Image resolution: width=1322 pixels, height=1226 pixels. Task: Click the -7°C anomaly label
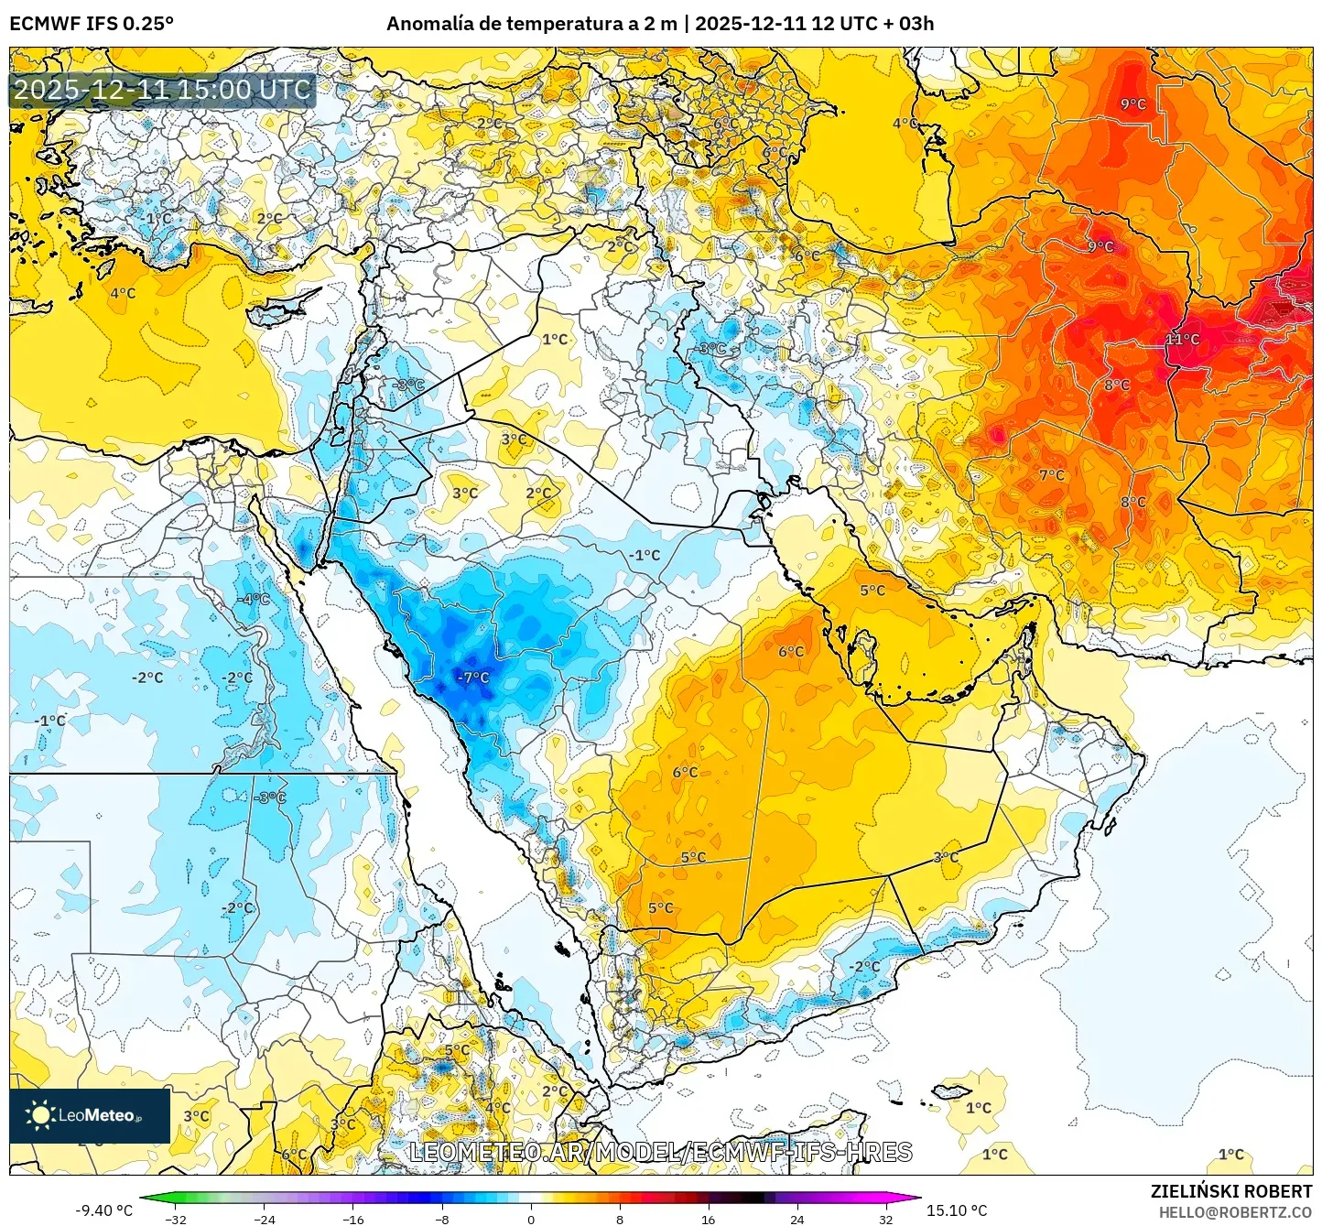[473, 678]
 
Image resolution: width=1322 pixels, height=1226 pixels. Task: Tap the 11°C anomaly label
[1182, 339]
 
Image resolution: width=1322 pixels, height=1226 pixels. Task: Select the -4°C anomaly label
[254, 599]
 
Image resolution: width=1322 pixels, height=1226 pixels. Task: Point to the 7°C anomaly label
[1052, 475]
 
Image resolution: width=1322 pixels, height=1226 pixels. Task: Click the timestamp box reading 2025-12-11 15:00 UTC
[162, 90]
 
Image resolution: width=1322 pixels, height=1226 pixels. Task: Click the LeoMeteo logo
[90, 1115]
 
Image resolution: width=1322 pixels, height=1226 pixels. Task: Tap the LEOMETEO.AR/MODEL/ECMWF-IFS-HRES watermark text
[660, 1152]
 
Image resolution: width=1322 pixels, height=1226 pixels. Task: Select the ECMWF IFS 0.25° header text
[92, 24]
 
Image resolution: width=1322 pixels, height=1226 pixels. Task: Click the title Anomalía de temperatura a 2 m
[531, 24]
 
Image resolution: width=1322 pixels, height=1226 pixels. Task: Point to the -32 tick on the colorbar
[176, 1219]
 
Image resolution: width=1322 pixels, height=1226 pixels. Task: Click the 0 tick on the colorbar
[531, 1219]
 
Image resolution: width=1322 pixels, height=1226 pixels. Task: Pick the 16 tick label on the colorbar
[708, 1219]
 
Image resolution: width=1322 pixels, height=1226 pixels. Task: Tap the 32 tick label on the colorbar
[885, 1219]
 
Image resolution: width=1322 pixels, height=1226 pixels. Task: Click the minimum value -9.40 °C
[103, 1210]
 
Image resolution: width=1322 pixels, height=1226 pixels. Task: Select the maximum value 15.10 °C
[957, 1210]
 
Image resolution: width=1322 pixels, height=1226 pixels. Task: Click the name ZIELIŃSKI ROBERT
[1231, 1191]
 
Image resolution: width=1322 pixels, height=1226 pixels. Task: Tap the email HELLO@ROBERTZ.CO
[1235, 1212]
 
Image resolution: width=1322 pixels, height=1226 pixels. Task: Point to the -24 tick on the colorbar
[265, 1219]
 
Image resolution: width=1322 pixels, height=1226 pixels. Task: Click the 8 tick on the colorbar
[620, 1219]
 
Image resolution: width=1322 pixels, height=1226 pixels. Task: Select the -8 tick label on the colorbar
[442, 1219]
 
